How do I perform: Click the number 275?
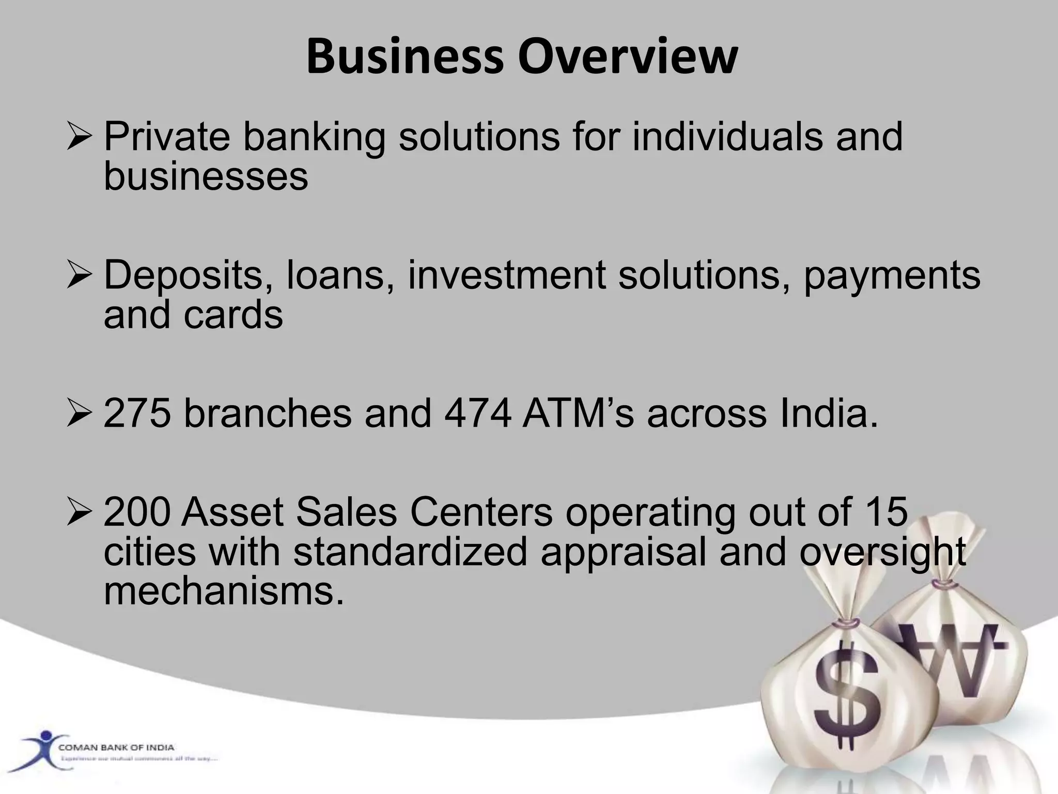tap(137, 414)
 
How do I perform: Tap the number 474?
tap(478, 414)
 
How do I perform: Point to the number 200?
tap(137, 512)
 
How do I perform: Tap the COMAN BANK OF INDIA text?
tap(116, 747)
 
